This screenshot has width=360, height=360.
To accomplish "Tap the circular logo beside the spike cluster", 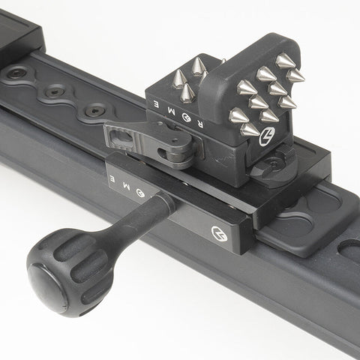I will [267, 139].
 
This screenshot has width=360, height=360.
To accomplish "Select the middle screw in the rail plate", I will [55, 93].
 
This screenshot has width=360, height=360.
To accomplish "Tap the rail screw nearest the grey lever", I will [94, 110].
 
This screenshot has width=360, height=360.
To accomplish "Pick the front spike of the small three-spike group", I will [186, 93].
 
